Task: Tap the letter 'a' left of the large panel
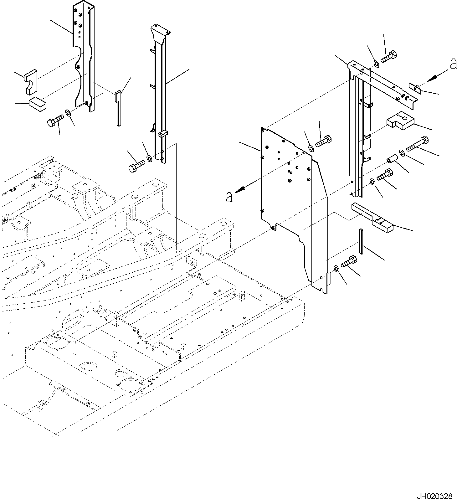click(229, 197)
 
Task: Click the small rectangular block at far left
click(38, 104)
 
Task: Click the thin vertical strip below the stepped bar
click(361, 241)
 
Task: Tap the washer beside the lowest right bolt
click(336, 268)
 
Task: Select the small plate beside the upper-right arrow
click(415, 88)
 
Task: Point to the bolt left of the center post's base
click(136, 166)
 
